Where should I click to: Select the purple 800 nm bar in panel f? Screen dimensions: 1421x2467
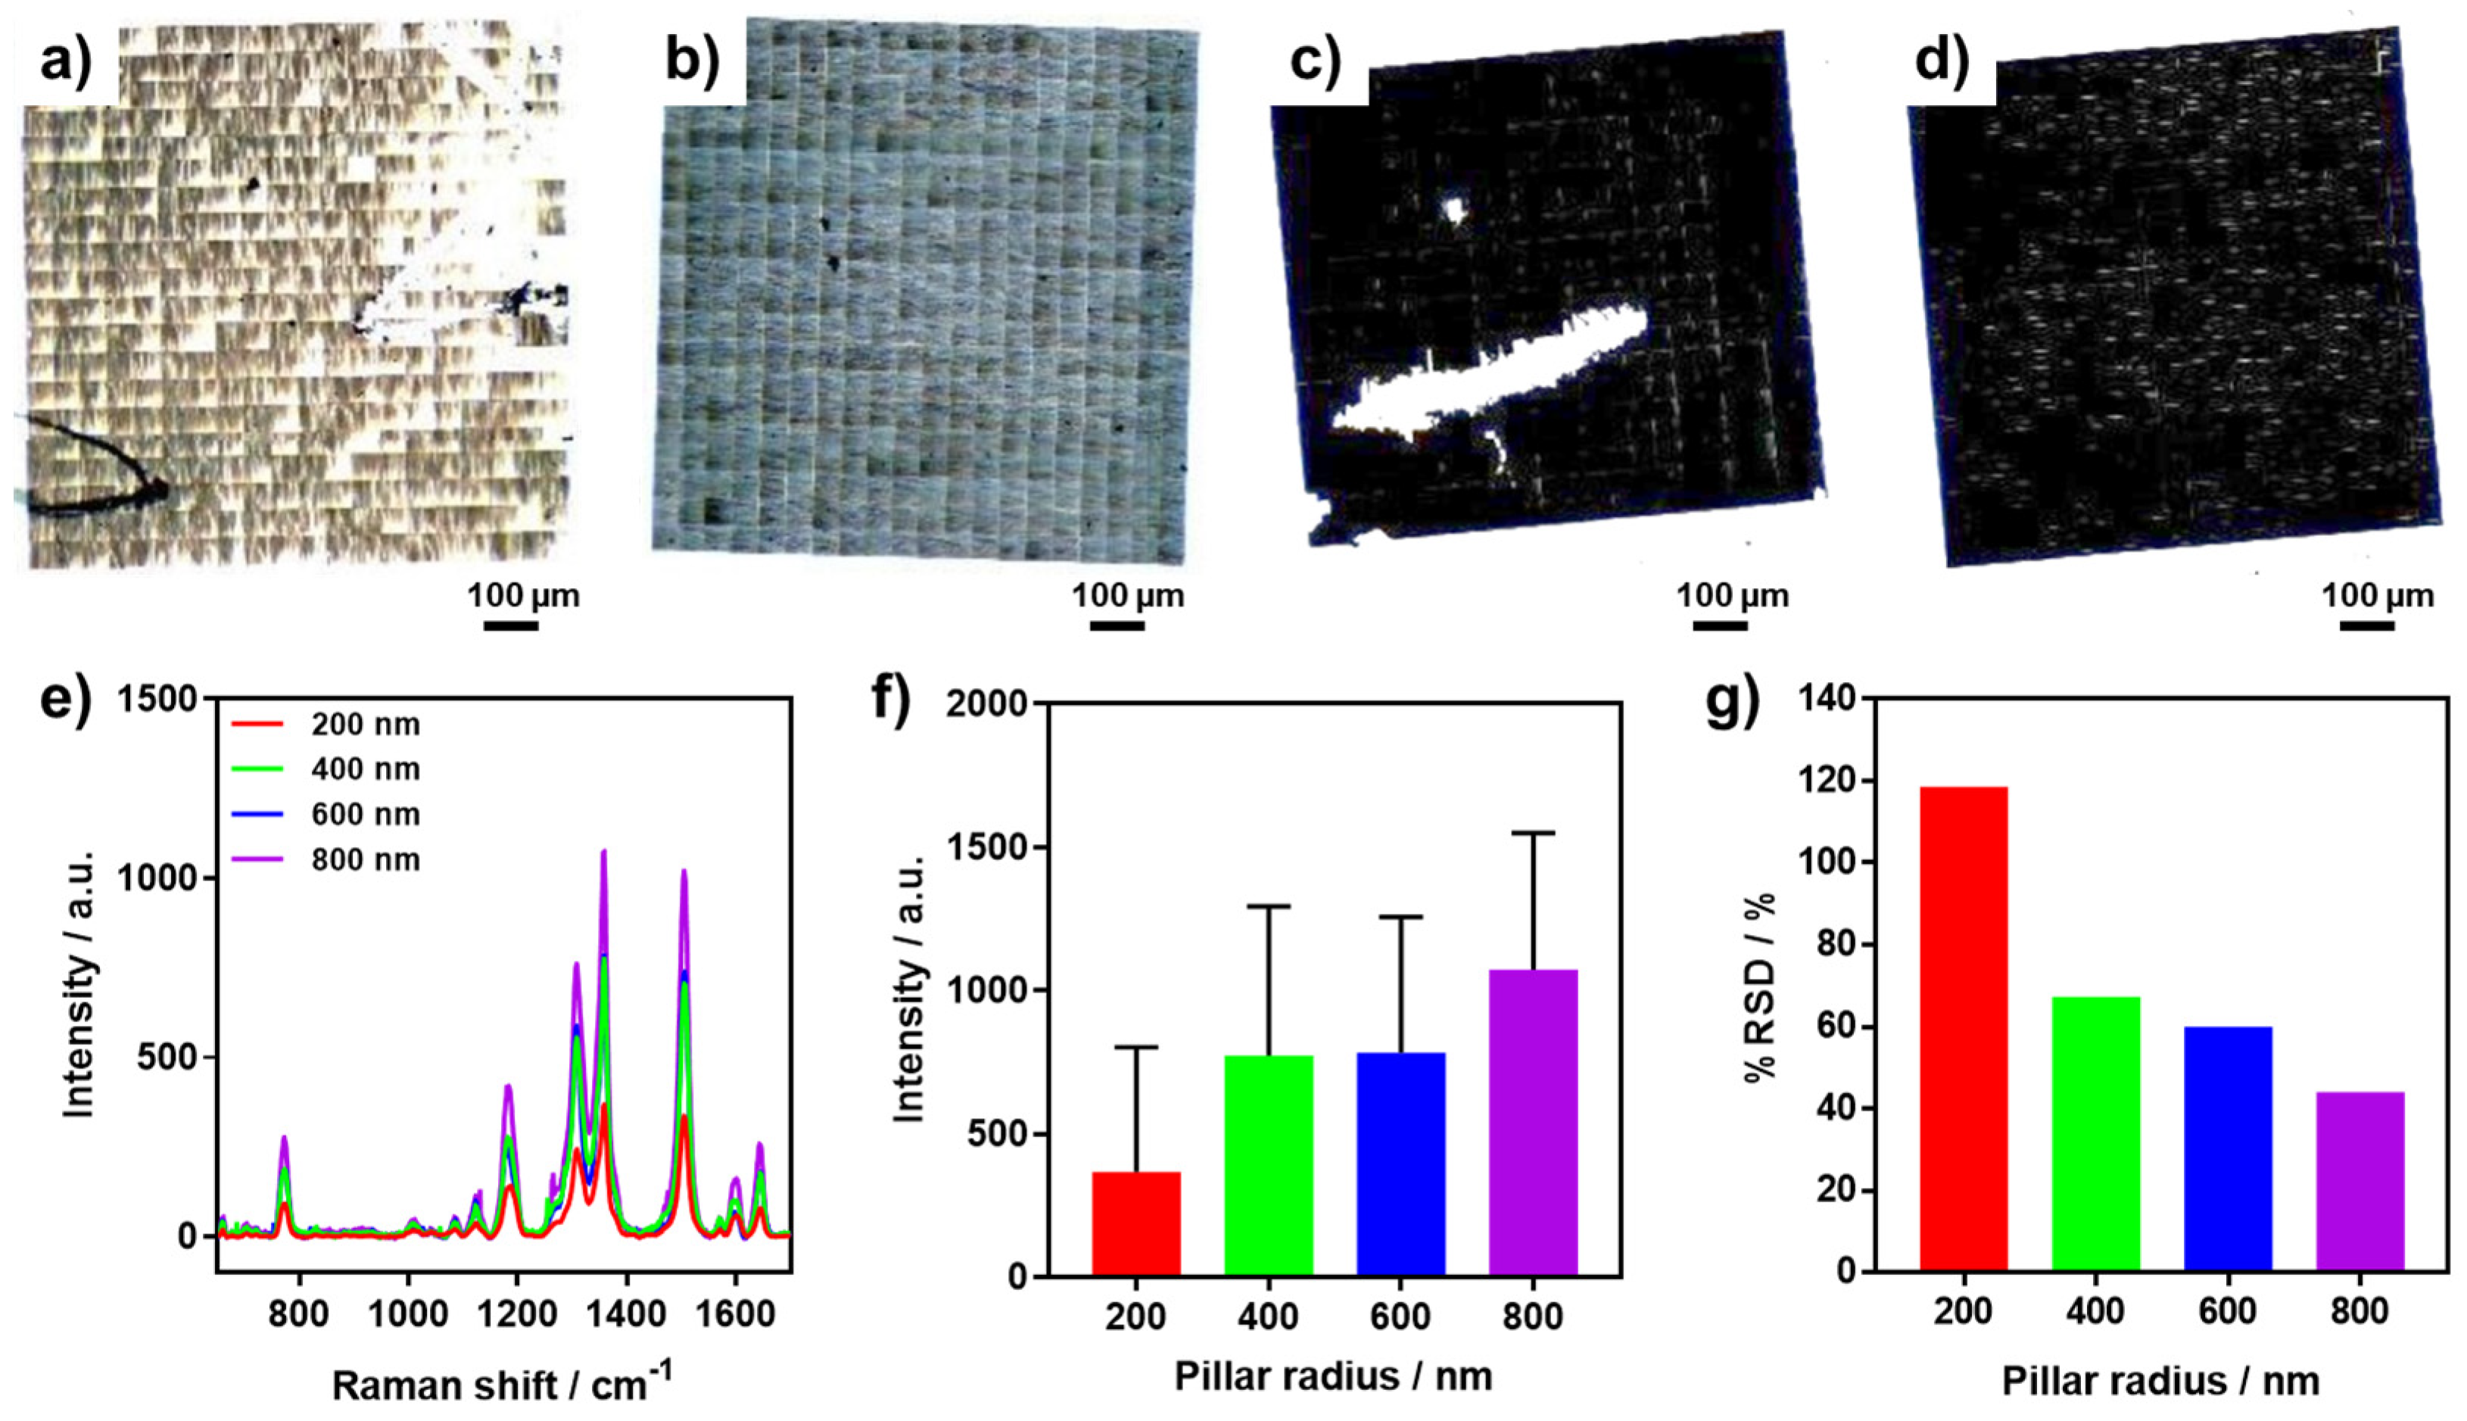tap(1532, 1123)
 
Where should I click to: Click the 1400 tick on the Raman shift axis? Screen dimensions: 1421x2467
tap(627, 1313)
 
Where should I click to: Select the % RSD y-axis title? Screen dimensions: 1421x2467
tap(1759, 986)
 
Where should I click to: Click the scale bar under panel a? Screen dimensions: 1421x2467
tap(512, 625)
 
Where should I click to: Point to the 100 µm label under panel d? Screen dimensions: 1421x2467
tap(2377, 594)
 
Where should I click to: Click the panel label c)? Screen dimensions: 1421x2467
tap(1315, 61)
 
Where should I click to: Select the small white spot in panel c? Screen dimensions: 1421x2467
tap(1455, 209)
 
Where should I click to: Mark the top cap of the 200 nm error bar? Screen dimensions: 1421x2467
tap(1136, 1047)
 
